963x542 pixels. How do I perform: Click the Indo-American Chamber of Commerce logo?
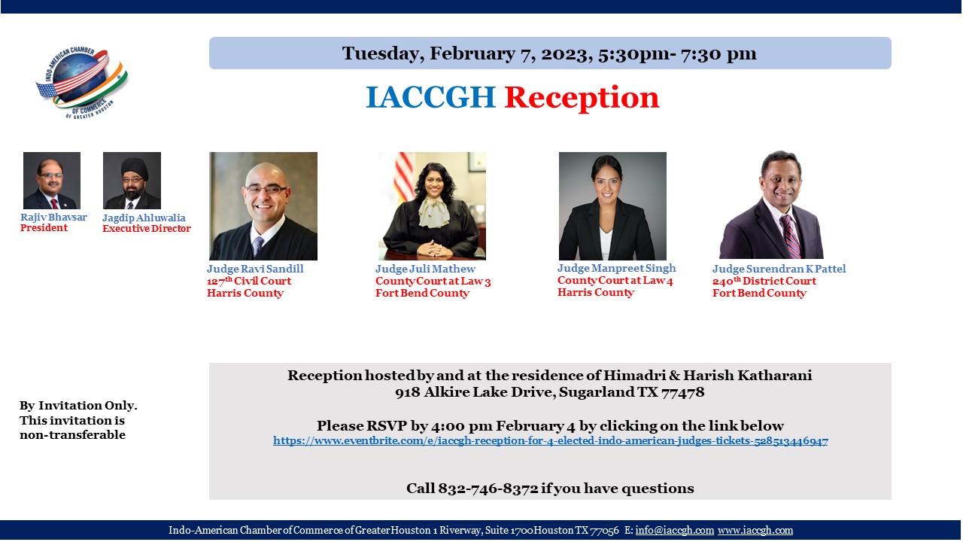click(82, 82)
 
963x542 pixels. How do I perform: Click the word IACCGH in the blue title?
click(430, 97)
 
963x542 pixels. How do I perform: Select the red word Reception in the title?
click(582, 98)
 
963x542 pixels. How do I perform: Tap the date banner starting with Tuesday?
click(550, 53)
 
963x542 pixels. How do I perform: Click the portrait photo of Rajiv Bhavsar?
click(52, 180)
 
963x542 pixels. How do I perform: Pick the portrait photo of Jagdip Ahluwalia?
click(132, 180)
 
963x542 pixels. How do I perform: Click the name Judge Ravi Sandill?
click(255, 269)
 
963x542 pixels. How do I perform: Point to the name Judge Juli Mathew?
click(425, 269)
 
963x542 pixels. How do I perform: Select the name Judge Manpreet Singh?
click(616, 269)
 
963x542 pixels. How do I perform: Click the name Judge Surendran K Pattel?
click(779, 269)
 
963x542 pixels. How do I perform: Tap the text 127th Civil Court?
click(249, 281)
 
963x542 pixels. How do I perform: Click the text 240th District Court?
click(764, 281)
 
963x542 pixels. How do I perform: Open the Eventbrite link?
click(550, 441)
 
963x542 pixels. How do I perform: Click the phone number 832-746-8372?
click(488, 489)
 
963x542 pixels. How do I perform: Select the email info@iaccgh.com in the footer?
click(675, 531)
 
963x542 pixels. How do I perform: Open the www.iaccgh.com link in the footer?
click(755, 531)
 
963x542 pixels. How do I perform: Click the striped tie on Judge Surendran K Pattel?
click(790, 236)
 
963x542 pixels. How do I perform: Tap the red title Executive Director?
click(147, 228)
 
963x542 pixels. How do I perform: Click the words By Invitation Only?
click(78, 406)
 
